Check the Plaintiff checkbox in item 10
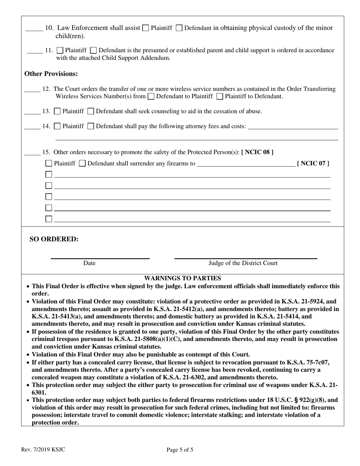click(146, 28)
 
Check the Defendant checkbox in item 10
click(179, 28)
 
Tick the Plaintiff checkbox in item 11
click(60, 50)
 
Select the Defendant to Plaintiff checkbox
click(151, 96)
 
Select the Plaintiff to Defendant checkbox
click(220, 96)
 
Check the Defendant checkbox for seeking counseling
click(91, 111)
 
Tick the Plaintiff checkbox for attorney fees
click(58, 126)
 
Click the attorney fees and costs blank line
click(293, 127)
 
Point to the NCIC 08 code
click(257, 152)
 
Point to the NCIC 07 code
click(313, 164)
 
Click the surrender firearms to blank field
click(246, 164)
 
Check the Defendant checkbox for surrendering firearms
click(82, 164)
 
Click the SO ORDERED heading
click(54, 239)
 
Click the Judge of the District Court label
click(243, 263)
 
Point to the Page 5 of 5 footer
click(180, 450)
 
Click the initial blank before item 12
click(32, 90)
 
